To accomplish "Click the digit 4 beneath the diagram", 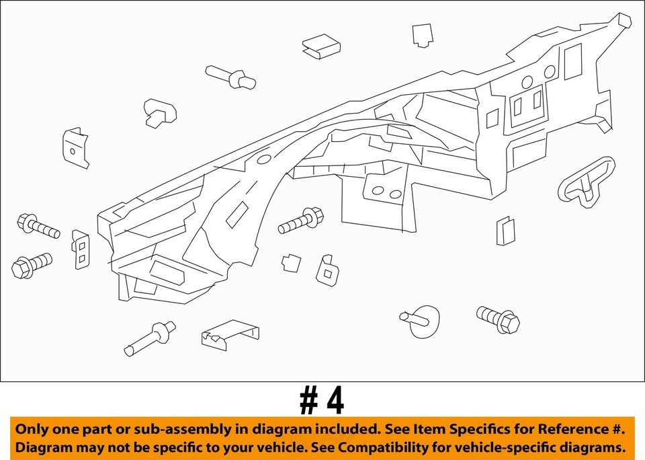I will (x=334, y=401).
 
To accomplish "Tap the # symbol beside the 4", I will (x=308, y=401).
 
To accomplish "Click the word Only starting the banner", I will (x=33, y=429).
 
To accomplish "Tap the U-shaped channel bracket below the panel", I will (x=230, y=334).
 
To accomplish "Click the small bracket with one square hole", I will (x=328, y=268).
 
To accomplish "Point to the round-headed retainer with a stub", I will (x=421, y=318).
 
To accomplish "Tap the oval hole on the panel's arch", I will (x=264, y=159).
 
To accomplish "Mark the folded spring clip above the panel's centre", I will (x=321, y=46).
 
